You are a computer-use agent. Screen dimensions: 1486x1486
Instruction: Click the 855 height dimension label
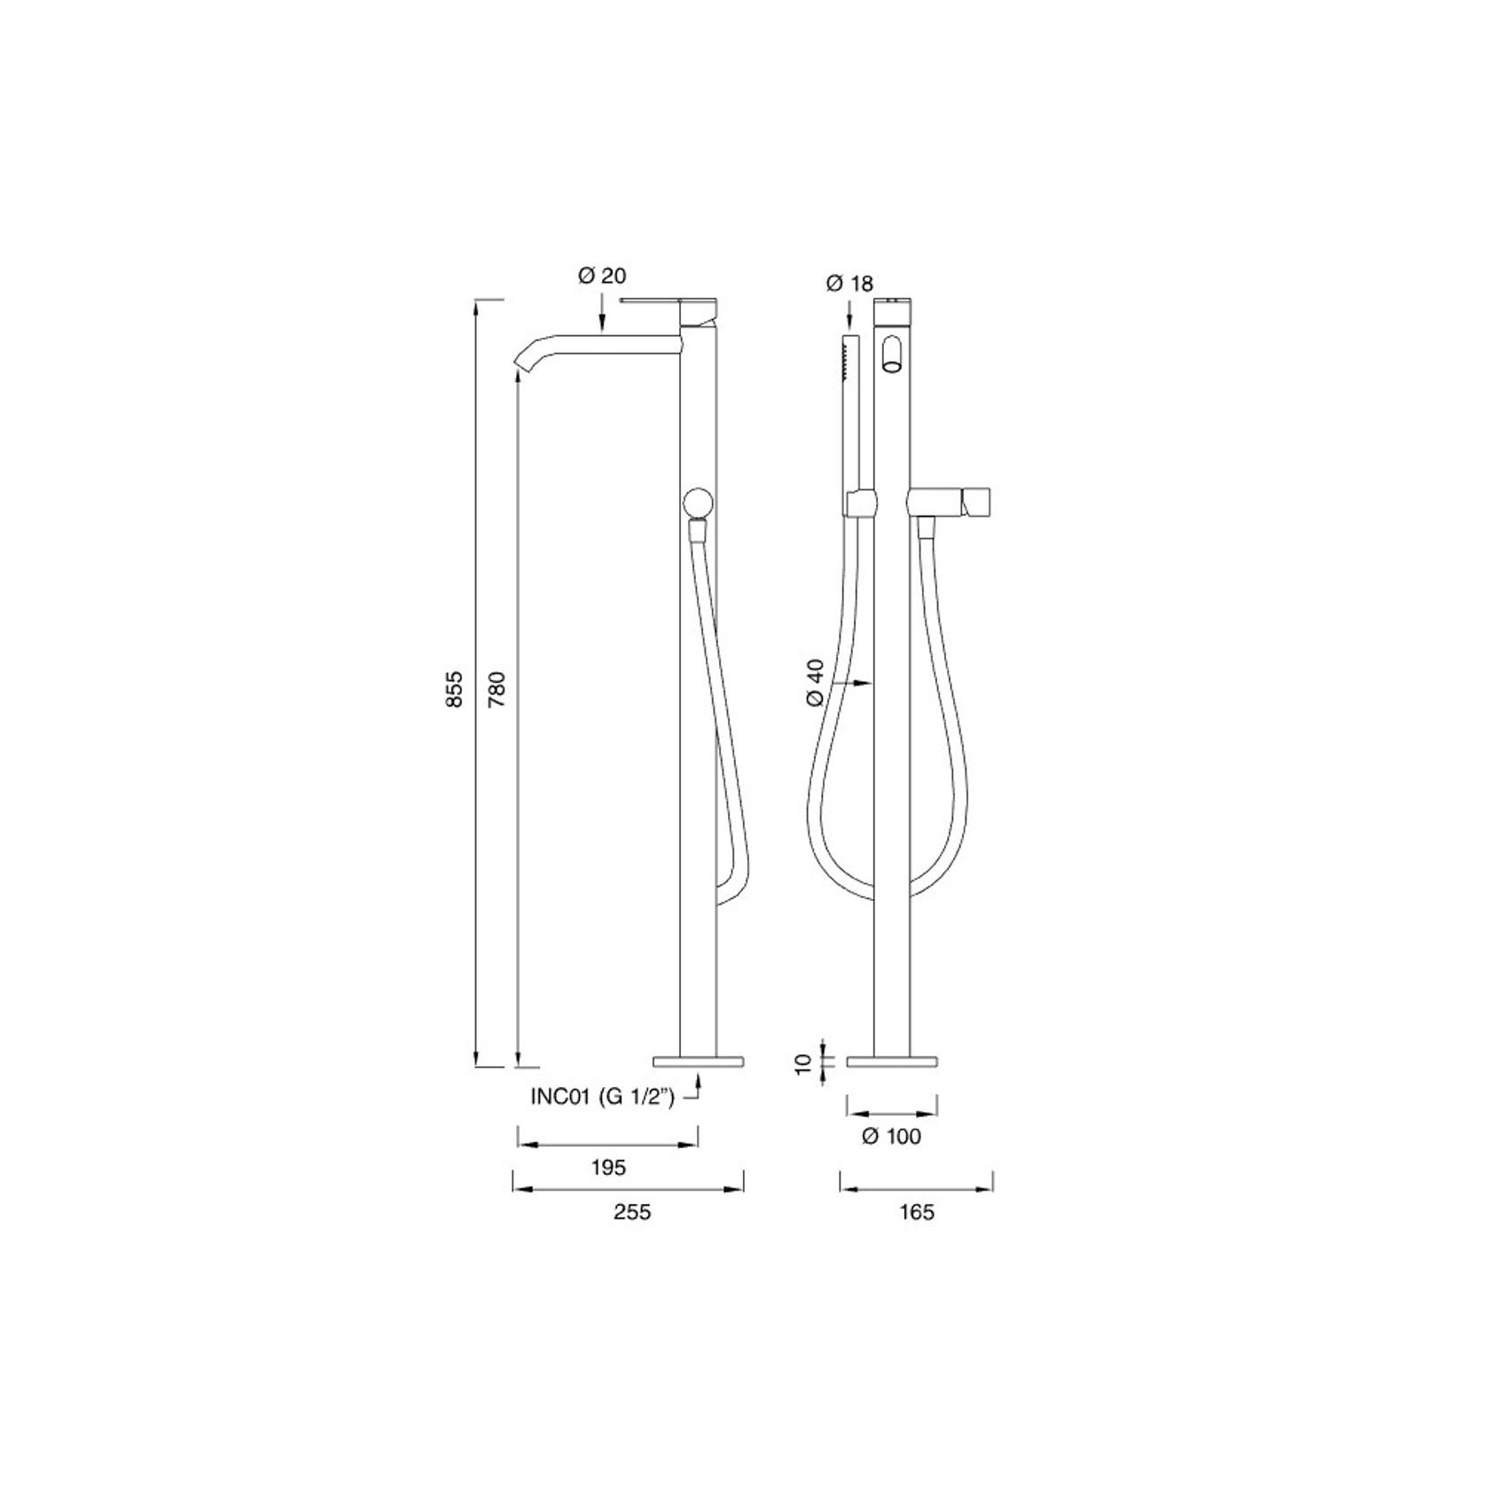pos(453,689)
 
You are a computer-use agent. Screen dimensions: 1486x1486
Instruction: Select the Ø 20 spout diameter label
pos(602,276)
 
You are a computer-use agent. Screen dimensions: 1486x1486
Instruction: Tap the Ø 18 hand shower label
pos(849,284)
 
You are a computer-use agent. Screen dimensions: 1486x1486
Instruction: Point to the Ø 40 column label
pos(816,683)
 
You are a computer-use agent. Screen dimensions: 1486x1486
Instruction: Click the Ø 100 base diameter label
pos(892,1136)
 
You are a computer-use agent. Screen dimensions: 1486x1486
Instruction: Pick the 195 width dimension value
pos(608,1168)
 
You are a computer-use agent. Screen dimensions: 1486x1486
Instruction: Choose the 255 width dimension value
pos(632,1212)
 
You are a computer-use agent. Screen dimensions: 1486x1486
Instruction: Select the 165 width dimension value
pos(917,1212)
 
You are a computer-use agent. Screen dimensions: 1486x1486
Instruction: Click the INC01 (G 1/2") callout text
pos(603,1097)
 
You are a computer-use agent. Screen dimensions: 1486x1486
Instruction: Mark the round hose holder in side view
pos(695,503)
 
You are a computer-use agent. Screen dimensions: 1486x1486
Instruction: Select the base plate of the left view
pos(698,1061)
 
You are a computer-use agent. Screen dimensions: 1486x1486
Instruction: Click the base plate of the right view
pos(893,1061)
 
